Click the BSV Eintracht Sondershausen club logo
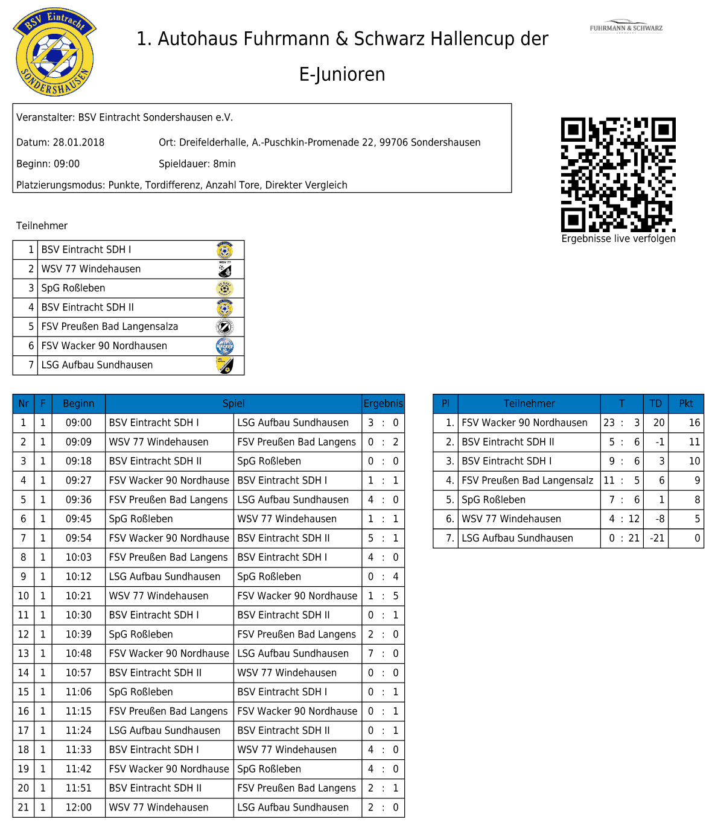55,52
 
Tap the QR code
618,174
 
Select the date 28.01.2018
78,142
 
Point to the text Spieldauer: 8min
197,164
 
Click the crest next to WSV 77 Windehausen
224,269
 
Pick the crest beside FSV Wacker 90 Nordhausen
224,346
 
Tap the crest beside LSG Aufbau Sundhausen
224,365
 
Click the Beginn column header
78,403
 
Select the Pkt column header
686,403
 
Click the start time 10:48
78,654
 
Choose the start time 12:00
78,807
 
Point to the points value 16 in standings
694,423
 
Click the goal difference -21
657,538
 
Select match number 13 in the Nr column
24,654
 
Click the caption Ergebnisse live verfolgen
618,239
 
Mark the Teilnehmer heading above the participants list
42,226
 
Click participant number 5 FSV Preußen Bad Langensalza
110,327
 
